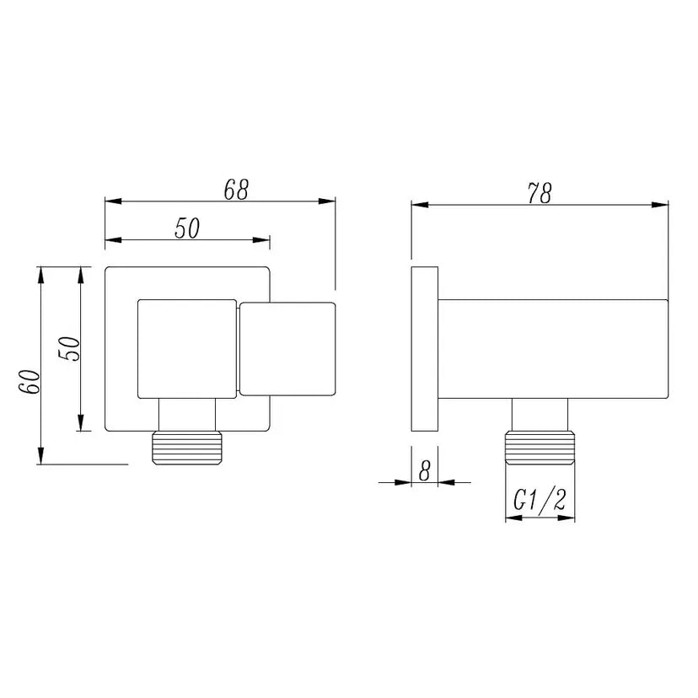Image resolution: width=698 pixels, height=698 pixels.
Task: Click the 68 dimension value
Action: tap(236, 191)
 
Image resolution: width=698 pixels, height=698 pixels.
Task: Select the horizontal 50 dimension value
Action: tap(187, 228)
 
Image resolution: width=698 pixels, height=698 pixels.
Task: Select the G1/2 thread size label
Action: tap(540, 502)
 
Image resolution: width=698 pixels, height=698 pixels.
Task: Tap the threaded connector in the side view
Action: tap(540, 448)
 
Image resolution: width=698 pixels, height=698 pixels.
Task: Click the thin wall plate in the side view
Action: tap(424, 349)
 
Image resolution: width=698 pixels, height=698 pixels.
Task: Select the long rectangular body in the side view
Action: tap(553, 349)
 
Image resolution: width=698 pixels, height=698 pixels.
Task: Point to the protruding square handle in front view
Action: tap(287, 348)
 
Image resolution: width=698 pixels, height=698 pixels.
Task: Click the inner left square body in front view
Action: tap(186, 347)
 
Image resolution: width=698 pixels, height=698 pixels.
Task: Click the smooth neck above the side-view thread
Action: tap(540, 415)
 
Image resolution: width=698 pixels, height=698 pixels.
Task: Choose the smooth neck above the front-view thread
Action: tap(186, 414)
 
